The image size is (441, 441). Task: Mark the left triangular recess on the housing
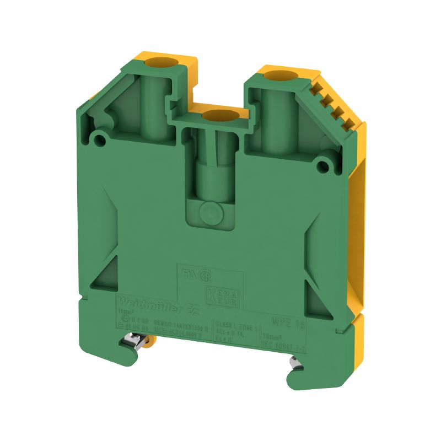click(x=103, y=259)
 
